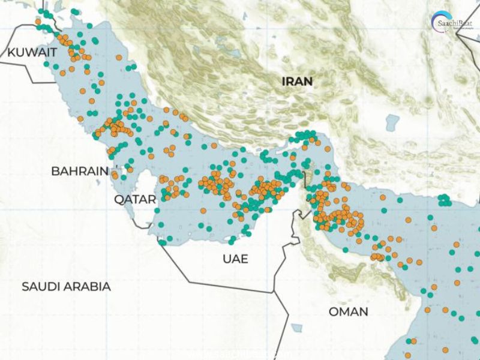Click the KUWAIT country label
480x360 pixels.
point(29,53)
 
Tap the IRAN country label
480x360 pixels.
point(298,81)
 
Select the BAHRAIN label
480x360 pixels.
point(80,171)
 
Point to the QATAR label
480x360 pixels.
point(134,199)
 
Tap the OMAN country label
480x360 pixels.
point(348,311)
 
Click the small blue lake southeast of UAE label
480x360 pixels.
point(296,328)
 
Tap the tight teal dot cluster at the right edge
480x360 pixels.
point(444,200)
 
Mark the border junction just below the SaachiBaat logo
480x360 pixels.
point(457,34)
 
